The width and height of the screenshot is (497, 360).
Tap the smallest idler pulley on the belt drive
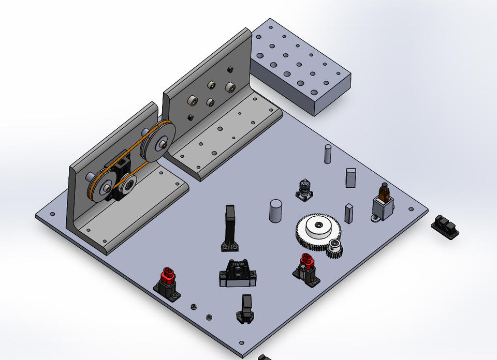[128, 184]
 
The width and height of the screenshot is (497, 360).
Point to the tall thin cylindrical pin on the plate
[327, 154]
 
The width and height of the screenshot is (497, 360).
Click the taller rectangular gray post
[351, 176]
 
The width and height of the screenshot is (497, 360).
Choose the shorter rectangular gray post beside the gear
[348, 213]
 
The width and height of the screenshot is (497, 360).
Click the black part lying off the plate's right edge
[445, 227]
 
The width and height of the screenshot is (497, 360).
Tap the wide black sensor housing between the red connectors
[238, 274]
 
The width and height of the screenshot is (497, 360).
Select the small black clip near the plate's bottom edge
[245, 309]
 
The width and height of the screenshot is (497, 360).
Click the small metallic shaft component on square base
[305, 190]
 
